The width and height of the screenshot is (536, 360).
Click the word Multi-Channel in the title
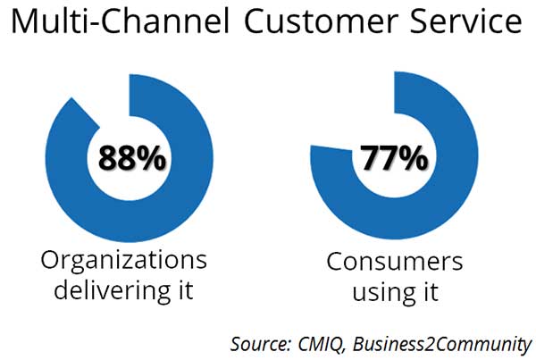[x=121, y=21]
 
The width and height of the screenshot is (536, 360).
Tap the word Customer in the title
[x=319, y=21]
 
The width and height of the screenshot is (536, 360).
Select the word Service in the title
[x=466, y=21]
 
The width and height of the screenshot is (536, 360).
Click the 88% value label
[x=132, y=158]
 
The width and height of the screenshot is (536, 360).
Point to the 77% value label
[x=394, y=157]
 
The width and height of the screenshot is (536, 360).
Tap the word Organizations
[x=124, y=261]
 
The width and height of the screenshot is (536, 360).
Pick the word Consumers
[x=395, y=262]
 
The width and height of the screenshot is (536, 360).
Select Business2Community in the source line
[x=441, y=344]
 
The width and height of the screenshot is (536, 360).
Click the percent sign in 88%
[x=152, y=158]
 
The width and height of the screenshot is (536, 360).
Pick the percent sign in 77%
[x=414, y=157]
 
